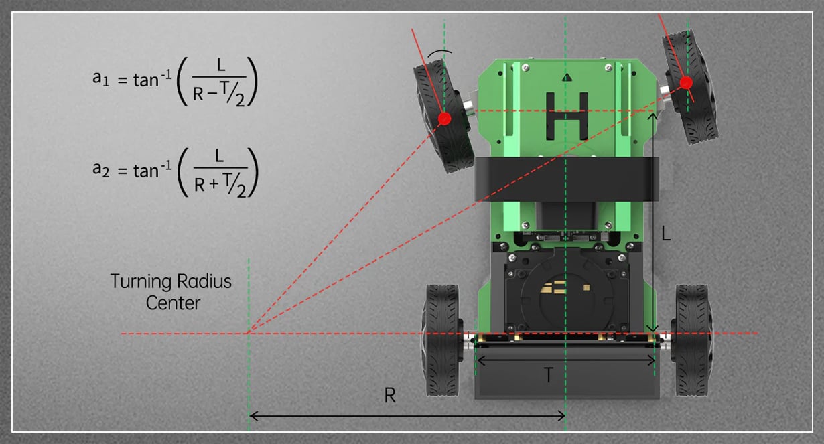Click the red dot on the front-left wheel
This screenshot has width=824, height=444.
tap(444, 119)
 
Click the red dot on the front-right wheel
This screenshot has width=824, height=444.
tap(686, 83)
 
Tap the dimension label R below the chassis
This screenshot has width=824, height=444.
tap(390, 396)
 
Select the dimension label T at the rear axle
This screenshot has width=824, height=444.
tap(548, 375)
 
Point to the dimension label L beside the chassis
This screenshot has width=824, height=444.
tap(666, 233)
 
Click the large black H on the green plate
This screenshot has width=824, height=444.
tap(567, 116)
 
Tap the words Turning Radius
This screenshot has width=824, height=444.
tap(171, 281)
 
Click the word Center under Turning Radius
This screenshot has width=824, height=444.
tap(173, 303)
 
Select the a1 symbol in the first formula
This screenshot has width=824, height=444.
tap(100, 79)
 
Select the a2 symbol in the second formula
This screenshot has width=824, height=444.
tap(100, 169)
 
